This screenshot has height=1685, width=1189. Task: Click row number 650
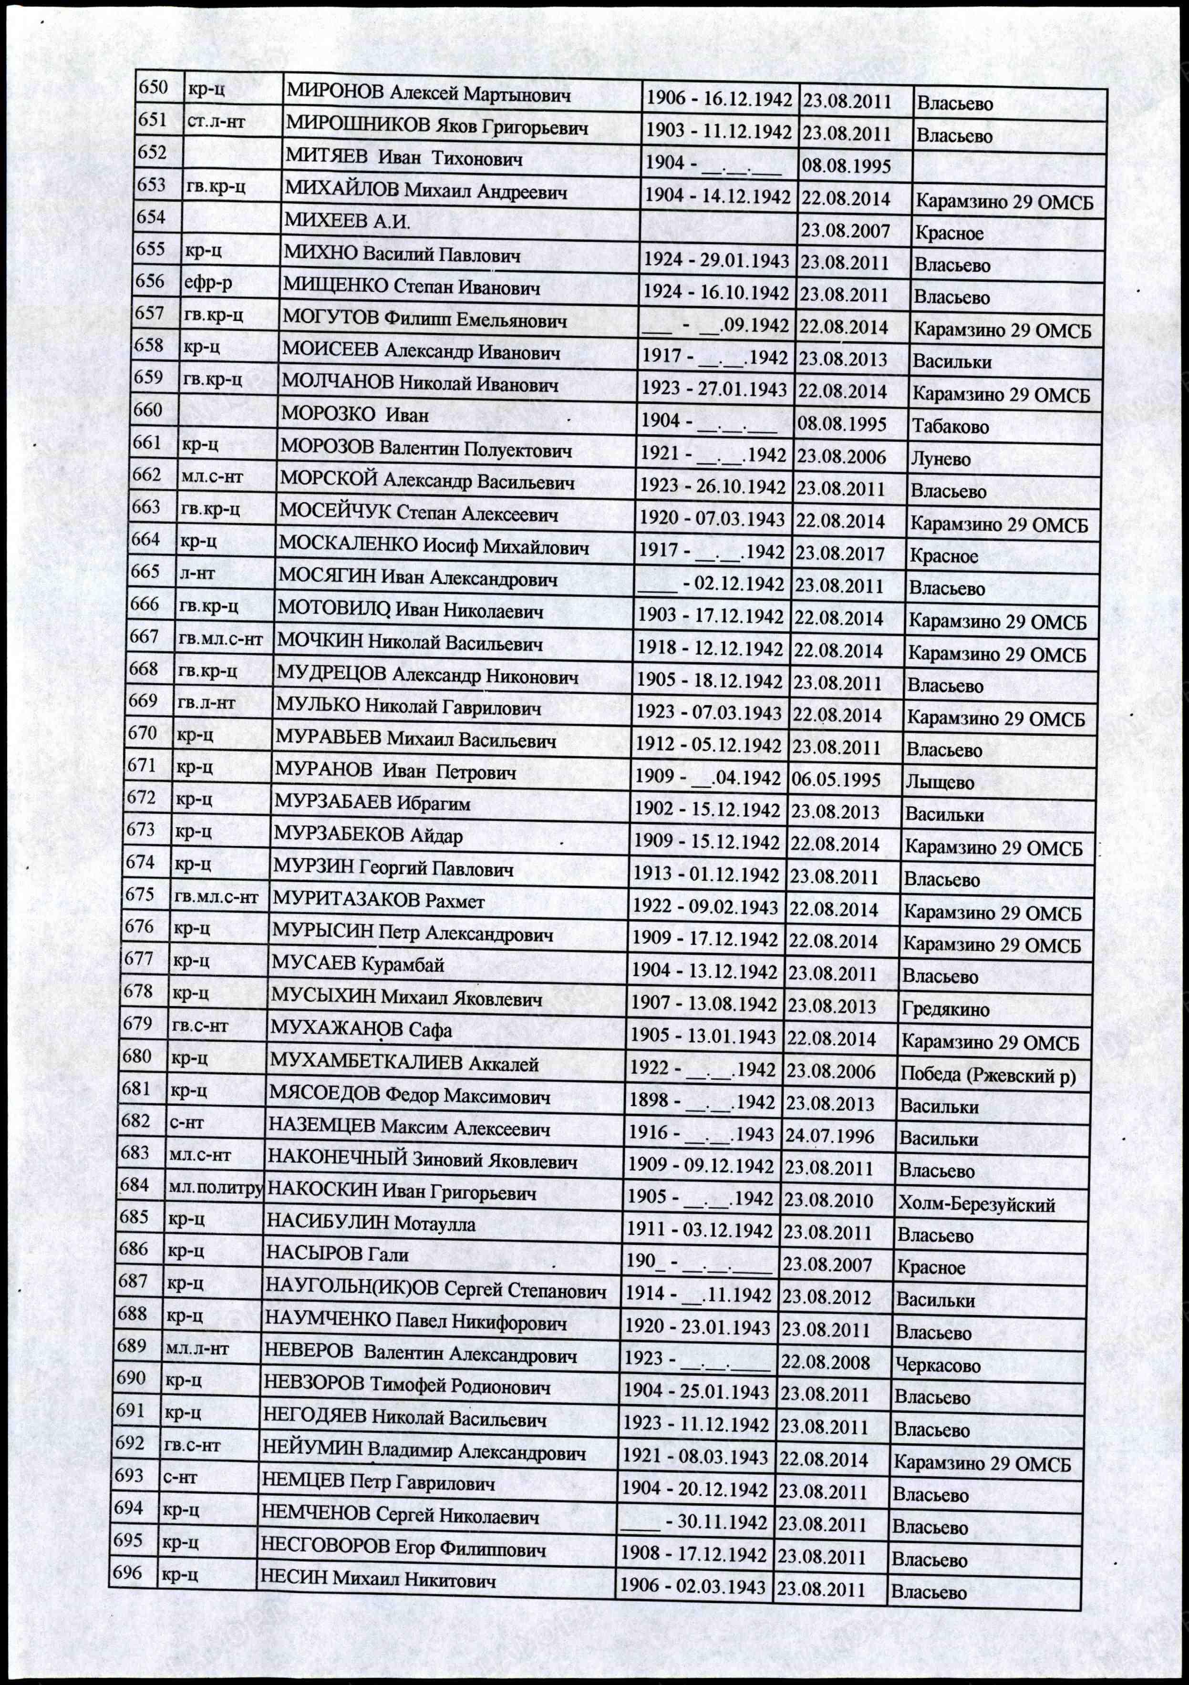[154, 88]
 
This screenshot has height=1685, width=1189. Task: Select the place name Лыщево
[940, 782]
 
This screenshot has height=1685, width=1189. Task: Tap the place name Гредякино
[945, 1009]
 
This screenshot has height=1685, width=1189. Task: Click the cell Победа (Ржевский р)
[987, 1075]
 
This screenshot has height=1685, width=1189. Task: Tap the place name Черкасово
[938, 1366]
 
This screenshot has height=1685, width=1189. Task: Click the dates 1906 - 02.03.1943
[692, 1585]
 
